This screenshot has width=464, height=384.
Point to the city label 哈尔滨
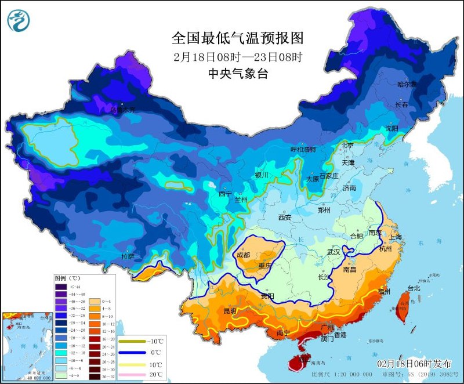(407, 85)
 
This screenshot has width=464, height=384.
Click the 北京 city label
(347, 145)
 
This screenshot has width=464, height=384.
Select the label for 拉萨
(128, 256)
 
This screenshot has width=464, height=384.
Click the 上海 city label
(396, 237)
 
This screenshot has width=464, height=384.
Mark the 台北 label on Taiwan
(414, 288)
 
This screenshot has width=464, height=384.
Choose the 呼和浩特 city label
(303, 149)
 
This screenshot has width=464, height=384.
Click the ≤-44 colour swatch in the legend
(60, 287)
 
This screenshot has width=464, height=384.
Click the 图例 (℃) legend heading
(67, 278)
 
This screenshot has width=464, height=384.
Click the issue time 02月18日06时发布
(414, 363)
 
